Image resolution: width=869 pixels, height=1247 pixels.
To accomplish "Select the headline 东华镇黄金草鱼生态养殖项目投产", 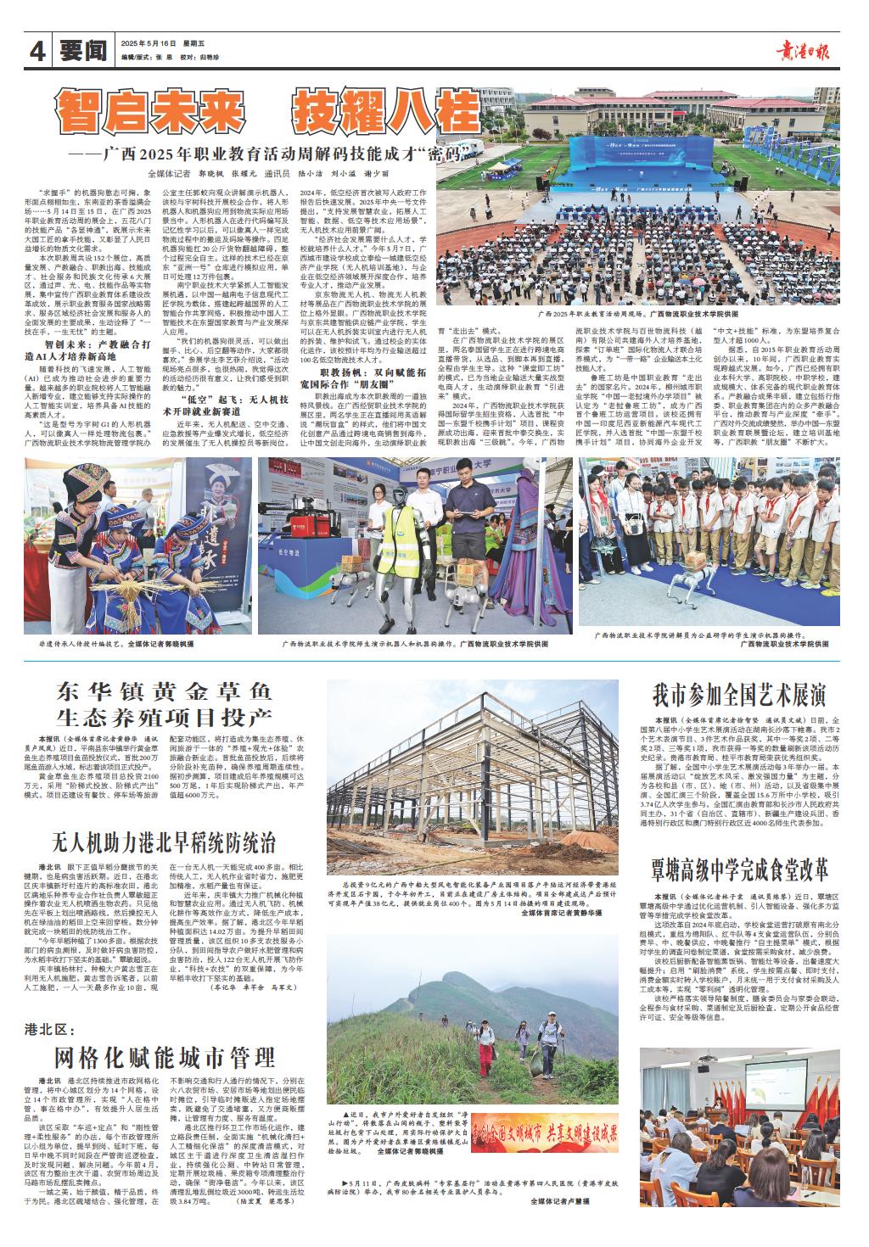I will pyautogui.click(x=165, y=701).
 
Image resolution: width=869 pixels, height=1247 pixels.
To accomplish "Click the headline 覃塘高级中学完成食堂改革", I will pyautogui.click(x=738, y=870).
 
